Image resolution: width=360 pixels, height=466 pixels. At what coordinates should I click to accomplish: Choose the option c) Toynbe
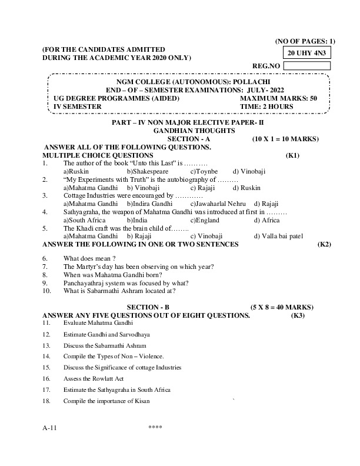(204, 171)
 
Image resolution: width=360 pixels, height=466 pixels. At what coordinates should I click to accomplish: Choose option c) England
(205, 220)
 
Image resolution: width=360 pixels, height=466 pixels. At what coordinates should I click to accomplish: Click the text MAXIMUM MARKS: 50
(279, 98)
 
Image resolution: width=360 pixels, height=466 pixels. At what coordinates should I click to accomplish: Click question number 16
(46, 378)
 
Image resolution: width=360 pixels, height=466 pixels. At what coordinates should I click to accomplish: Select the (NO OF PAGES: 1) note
(305, 41)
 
